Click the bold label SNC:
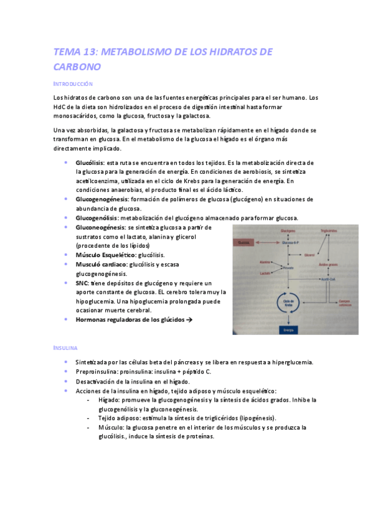(82, 282)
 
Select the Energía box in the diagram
(288, 329)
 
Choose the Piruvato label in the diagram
(287, 267)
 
